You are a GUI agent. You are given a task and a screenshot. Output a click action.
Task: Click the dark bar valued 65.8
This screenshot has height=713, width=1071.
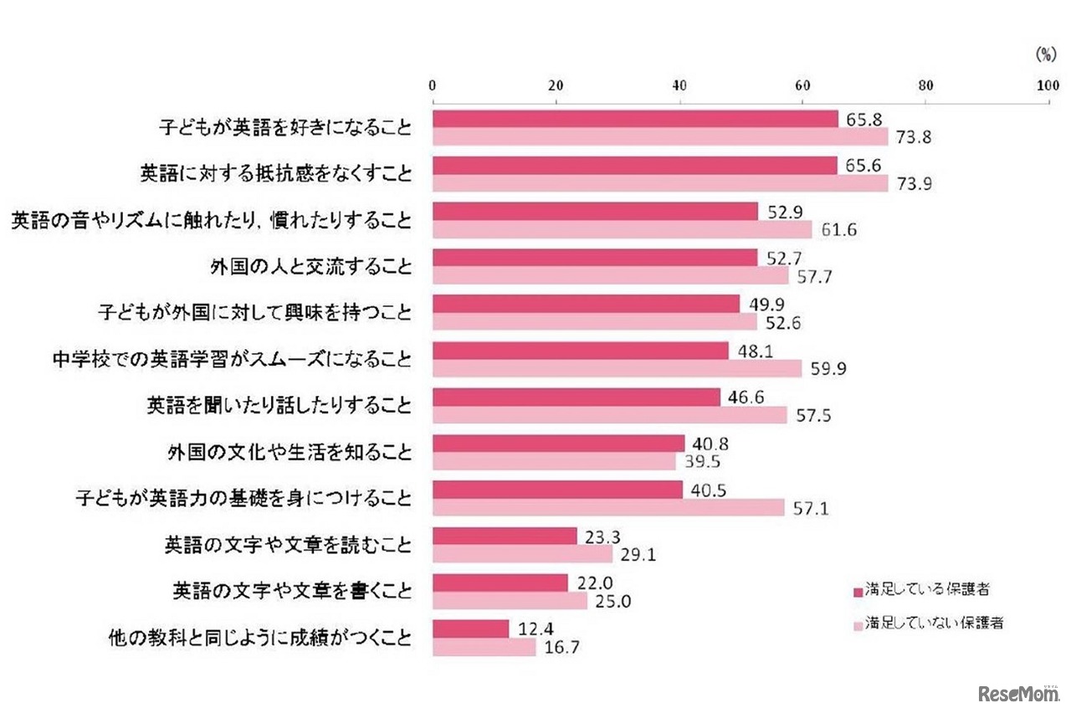coord(635,119)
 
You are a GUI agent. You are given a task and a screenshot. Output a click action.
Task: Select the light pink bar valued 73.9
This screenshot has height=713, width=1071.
coord(660,183)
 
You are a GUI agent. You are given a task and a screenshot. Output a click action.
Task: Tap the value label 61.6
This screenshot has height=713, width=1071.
coord(834,230)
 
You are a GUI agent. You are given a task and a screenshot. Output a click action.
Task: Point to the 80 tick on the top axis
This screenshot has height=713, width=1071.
coord(925,85)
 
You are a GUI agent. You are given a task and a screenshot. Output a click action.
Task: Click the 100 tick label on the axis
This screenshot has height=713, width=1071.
coord(1048,85)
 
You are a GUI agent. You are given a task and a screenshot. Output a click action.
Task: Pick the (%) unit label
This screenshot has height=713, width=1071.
coord(1046,54)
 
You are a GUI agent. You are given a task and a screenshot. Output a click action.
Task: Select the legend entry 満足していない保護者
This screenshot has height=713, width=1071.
coord(927,623)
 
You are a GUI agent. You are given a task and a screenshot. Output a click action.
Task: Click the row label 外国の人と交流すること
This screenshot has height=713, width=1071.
coord(310,268)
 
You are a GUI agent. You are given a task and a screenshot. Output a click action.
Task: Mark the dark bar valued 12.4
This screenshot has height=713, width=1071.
coord(470,628)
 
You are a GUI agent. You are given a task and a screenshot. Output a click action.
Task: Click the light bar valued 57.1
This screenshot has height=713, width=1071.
coord(608,507)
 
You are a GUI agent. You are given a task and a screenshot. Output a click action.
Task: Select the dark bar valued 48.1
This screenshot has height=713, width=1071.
coord(581,351)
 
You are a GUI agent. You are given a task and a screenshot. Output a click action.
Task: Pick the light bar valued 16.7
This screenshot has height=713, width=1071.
coord(484,647)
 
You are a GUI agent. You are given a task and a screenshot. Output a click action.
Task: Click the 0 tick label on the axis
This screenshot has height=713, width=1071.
coord(433,85)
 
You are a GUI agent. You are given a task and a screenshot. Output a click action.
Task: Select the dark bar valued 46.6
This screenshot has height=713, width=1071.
coord(576,397)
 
